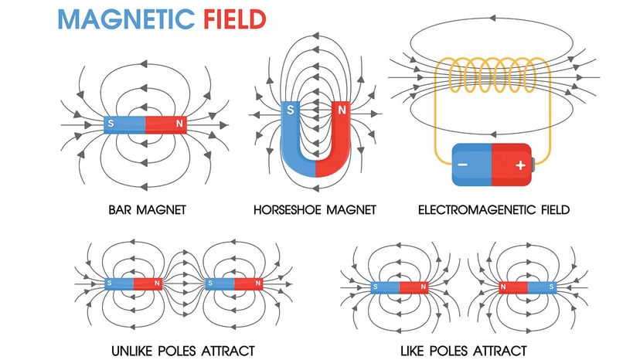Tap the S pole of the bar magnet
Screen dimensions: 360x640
(x=124, y=124)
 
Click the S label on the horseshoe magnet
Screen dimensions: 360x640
(x=291, y=110)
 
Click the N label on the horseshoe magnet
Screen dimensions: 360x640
(x=341, y=110)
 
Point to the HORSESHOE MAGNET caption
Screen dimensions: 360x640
(x=315, y=209)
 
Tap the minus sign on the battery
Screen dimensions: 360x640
(x=461, y=165)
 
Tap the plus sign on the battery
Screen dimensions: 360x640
(x=519, y=165)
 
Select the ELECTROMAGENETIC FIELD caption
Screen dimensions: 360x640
(x=493, y=209)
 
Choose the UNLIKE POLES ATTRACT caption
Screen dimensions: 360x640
(x=183, y=350)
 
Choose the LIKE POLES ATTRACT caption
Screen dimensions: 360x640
(x=463, y=350)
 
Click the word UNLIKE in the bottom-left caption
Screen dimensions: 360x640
(x=134, y=350)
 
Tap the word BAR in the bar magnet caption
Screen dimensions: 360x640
(x=121, y=209)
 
